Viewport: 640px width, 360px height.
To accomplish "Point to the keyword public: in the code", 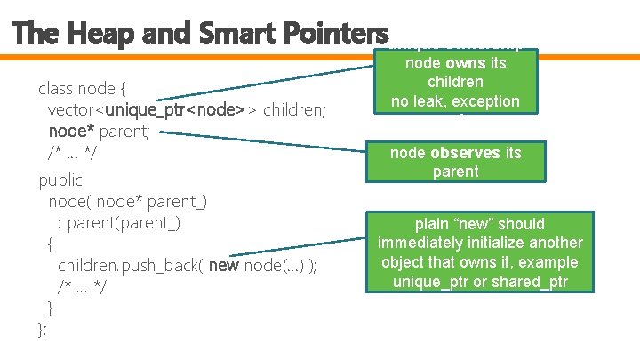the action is (x=62, y=180).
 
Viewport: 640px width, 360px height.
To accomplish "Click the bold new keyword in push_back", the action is (x=223, y=266).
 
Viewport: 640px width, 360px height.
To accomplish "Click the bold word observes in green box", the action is (x=467, y=152).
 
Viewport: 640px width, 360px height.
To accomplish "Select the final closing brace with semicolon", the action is (x=43, y=330).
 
